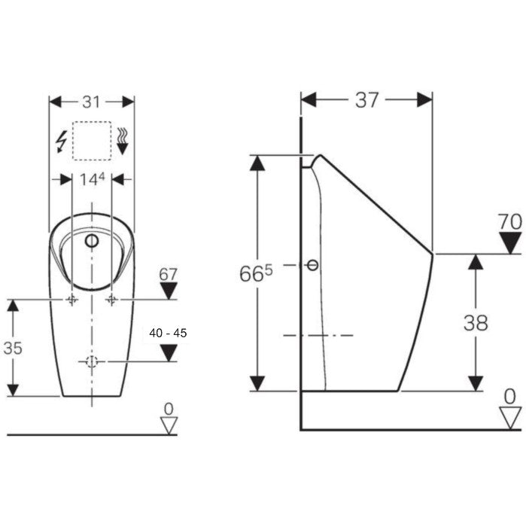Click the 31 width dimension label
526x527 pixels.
click(x=91, y=102)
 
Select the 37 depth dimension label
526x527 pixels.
click(x=366, y=100)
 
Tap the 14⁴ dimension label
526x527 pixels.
click(x=92, y=179)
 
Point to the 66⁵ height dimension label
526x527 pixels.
click(x=256, y=273)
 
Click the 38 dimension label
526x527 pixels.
click(x=476, y=323)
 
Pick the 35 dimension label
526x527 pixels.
click(x=13, y=348)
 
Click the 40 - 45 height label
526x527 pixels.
click(x=168, y=333)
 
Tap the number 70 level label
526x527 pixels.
click(x=510, y=222)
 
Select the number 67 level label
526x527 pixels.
click(x=168, y=275)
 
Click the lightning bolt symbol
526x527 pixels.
click(x=61, y=142)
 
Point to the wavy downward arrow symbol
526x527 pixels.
click(x=123, y=141)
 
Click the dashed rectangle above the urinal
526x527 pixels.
click(x=92, y=141)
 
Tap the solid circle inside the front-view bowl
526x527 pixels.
click(x=92, y=241)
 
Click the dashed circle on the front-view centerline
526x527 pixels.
click(x=92, y=361)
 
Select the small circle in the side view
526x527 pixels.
click(x=313, y=265)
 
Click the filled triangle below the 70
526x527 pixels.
click(x=510, y=243)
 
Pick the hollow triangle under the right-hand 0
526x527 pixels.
click(x=510, y=418)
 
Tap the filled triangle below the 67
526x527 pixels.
click(x=169, y=291)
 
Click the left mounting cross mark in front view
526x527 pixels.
click(x=72, y=299)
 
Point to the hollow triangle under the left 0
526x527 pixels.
click(x=169, y=426)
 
